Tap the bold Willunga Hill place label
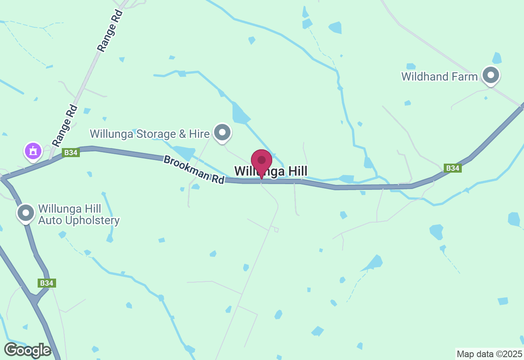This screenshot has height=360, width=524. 271,171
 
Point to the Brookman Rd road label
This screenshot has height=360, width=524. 194,169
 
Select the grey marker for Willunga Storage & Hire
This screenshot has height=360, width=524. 222,133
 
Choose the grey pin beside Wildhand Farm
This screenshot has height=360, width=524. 490,75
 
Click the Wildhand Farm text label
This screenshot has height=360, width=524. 439,76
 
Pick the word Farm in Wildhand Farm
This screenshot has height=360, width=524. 468,76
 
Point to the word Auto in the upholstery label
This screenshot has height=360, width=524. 49,220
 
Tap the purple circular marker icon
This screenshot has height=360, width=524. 33,151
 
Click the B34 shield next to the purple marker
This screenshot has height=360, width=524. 71,153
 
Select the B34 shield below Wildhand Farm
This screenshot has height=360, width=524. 452,168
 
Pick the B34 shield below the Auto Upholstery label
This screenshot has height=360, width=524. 47,283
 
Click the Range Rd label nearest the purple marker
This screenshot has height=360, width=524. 65,126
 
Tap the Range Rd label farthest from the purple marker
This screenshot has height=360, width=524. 110,31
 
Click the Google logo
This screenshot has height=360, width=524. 27,350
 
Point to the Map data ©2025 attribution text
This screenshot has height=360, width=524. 489,354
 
